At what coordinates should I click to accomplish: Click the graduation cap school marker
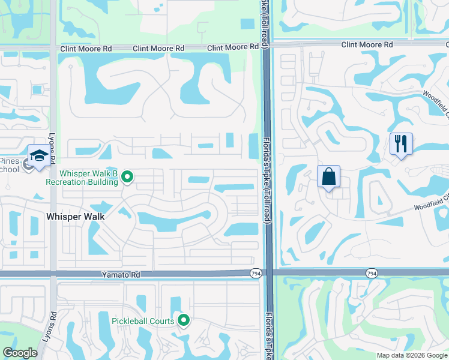tap(39, 155)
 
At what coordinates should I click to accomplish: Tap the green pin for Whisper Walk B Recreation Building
tap(127, 176)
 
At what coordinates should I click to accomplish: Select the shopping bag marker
tap(328, 178)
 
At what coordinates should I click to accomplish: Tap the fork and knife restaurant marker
tap(400, 145)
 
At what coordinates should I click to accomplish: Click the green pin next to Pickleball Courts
tap(184, 320)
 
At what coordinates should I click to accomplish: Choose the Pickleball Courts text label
tap(143, 320)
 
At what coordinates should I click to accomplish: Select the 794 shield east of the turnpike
tap(372, 274)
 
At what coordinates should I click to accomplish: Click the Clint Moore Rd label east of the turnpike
tap(367, 44)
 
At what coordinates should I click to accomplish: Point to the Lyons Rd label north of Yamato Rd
tap(52, 148)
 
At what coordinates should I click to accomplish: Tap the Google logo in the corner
tap(20, 353)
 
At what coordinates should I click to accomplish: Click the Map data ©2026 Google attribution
tap(412, 355)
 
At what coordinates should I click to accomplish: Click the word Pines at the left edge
tap(10, 161)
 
